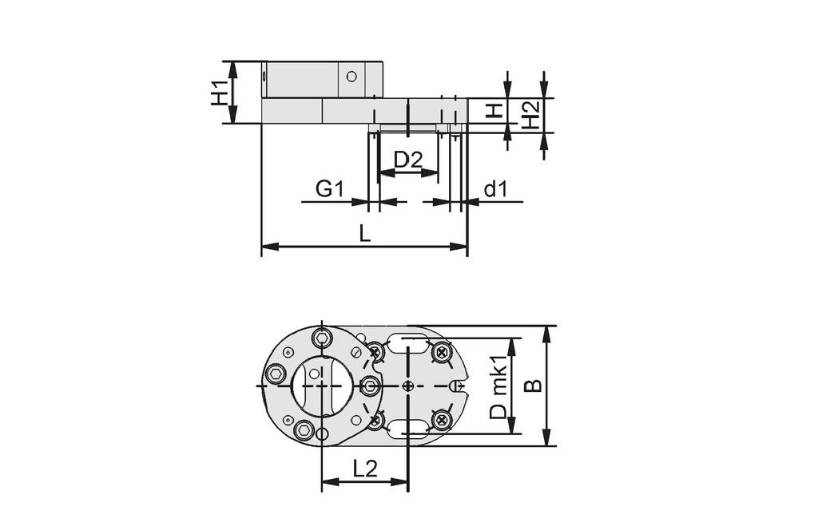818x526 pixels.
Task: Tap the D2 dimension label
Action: click(407, 159)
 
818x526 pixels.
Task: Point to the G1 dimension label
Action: click(329, 189)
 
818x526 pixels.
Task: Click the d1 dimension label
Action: click(496, 189)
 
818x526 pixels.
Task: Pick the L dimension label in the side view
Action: click(364, 234)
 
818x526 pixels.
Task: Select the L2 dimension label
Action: click(364, 469)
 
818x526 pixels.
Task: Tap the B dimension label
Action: click(533, 386)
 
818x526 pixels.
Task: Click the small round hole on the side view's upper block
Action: click(350, 77)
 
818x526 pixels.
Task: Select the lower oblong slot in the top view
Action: click(408, 429)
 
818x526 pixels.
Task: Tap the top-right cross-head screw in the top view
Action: click(441, 351)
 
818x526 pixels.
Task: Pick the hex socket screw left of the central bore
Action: click(276, 374)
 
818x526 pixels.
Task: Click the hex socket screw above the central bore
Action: click(322, 338)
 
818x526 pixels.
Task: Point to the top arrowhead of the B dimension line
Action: click(546, 332)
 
